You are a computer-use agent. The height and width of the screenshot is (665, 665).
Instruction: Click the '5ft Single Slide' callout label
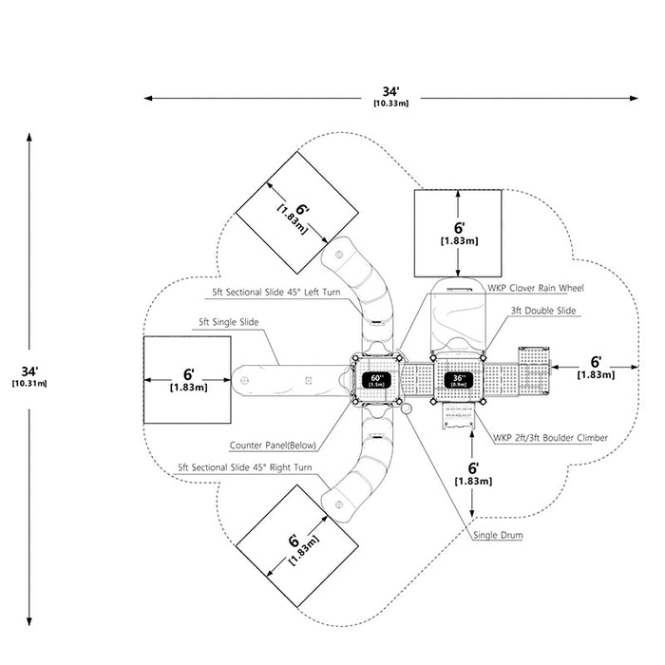coord(229,322)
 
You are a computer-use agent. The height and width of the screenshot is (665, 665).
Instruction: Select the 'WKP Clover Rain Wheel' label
coord(535,288)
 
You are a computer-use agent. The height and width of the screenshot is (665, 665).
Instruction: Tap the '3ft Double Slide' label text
coord(543,311)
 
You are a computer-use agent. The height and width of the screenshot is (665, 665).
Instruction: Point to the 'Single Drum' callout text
coord(498,535)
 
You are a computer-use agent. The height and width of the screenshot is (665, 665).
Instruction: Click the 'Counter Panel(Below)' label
coord(273,446)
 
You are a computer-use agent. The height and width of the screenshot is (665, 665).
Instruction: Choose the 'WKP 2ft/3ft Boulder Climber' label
coord(550,438)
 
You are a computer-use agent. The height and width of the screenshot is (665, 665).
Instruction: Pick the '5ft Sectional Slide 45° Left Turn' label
coord(276,293)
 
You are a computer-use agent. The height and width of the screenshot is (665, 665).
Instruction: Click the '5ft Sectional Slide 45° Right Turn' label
coord(245,467)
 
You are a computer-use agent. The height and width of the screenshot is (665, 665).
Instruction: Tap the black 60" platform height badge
coord(376,380)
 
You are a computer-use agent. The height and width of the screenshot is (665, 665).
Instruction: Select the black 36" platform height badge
coord(459,380)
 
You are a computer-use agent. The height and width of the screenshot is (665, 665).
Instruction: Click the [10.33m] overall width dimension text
coord(391,103)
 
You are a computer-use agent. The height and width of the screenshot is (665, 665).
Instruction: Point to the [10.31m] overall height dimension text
coord(29,384)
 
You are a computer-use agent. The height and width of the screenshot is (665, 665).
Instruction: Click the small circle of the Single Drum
coord(406,408)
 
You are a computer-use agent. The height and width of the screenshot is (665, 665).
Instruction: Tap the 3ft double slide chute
coord(458,316)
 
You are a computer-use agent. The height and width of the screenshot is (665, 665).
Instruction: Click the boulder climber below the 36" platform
coord(458,416)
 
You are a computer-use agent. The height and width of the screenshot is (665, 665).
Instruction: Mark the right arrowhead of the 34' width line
coord(634,99)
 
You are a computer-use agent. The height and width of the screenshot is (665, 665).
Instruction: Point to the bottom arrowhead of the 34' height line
coord(29,621)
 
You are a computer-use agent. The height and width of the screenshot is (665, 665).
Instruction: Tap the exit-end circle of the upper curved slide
coord(339,255)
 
